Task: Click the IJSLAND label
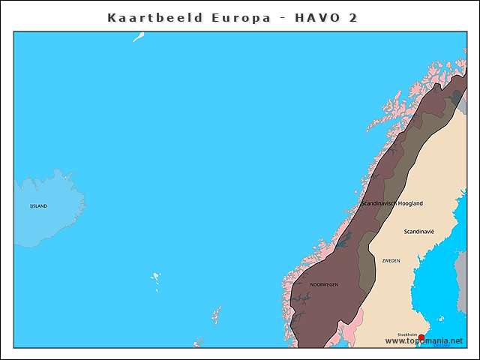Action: coord(38,205)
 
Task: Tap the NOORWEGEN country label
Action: coord(324,285)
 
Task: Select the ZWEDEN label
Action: coord(391,261)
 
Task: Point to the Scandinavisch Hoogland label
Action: coord(392,203)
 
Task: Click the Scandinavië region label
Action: coord(418,232)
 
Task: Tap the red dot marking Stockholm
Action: coord(421,337)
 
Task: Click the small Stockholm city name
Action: coord(407,335)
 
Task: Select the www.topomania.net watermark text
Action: coord(424,341)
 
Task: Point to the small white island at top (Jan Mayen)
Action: coord(139,37)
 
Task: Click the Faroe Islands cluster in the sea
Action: coord(156,278)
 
